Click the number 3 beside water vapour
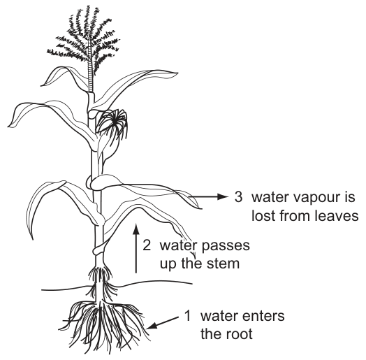pos(239,197)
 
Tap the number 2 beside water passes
pos(147,245)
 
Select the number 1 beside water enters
pos(188,316)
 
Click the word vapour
pos(312,199)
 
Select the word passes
pos(226,247)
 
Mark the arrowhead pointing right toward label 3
pos(223,196)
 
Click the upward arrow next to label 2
pos(136,248)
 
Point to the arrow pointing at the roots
pos(163,323)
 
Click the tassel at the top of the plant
pos(84,40)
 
